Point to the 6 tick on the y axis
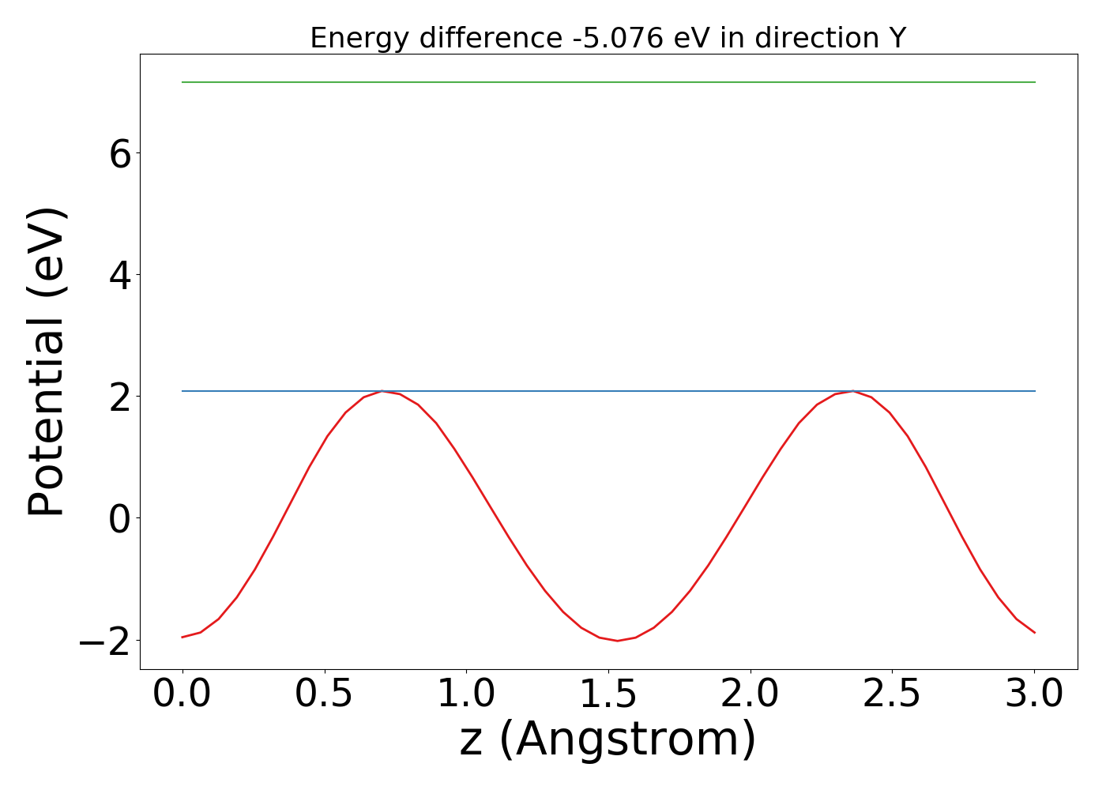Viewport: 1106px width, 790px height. click(120, 153)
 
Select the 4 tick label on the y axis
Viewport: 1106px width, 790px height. click(120, 275)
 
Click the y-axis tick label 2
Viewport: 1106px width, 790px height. click(120, 397)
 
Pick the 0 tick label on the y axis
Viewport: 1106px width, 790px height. click(120, 518)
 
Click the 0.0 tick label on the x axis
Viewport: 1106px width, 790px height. click(182, 694)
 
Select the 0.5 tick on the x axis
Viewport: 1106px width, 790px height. click(325, 694)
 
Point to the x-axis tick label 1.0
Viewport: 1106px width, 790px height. click(467, 694)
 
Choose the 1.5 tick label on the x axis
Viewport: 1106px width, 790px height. click(608, 694)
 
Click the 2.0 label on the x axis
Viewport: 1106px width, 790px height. click(750, 694)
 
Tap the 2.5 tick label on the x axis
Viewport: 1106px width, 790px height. click(893, 694)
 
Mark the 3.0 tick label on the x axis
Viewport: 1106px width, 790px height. click(1034, 694)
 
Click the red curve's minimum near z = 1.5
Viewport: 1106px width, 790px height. click(617, 640)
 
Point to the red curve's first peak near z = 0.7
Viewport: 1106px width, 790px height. click(382, 391)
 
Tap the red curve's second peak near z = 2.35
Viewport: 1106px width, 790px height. click(853, 391)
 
